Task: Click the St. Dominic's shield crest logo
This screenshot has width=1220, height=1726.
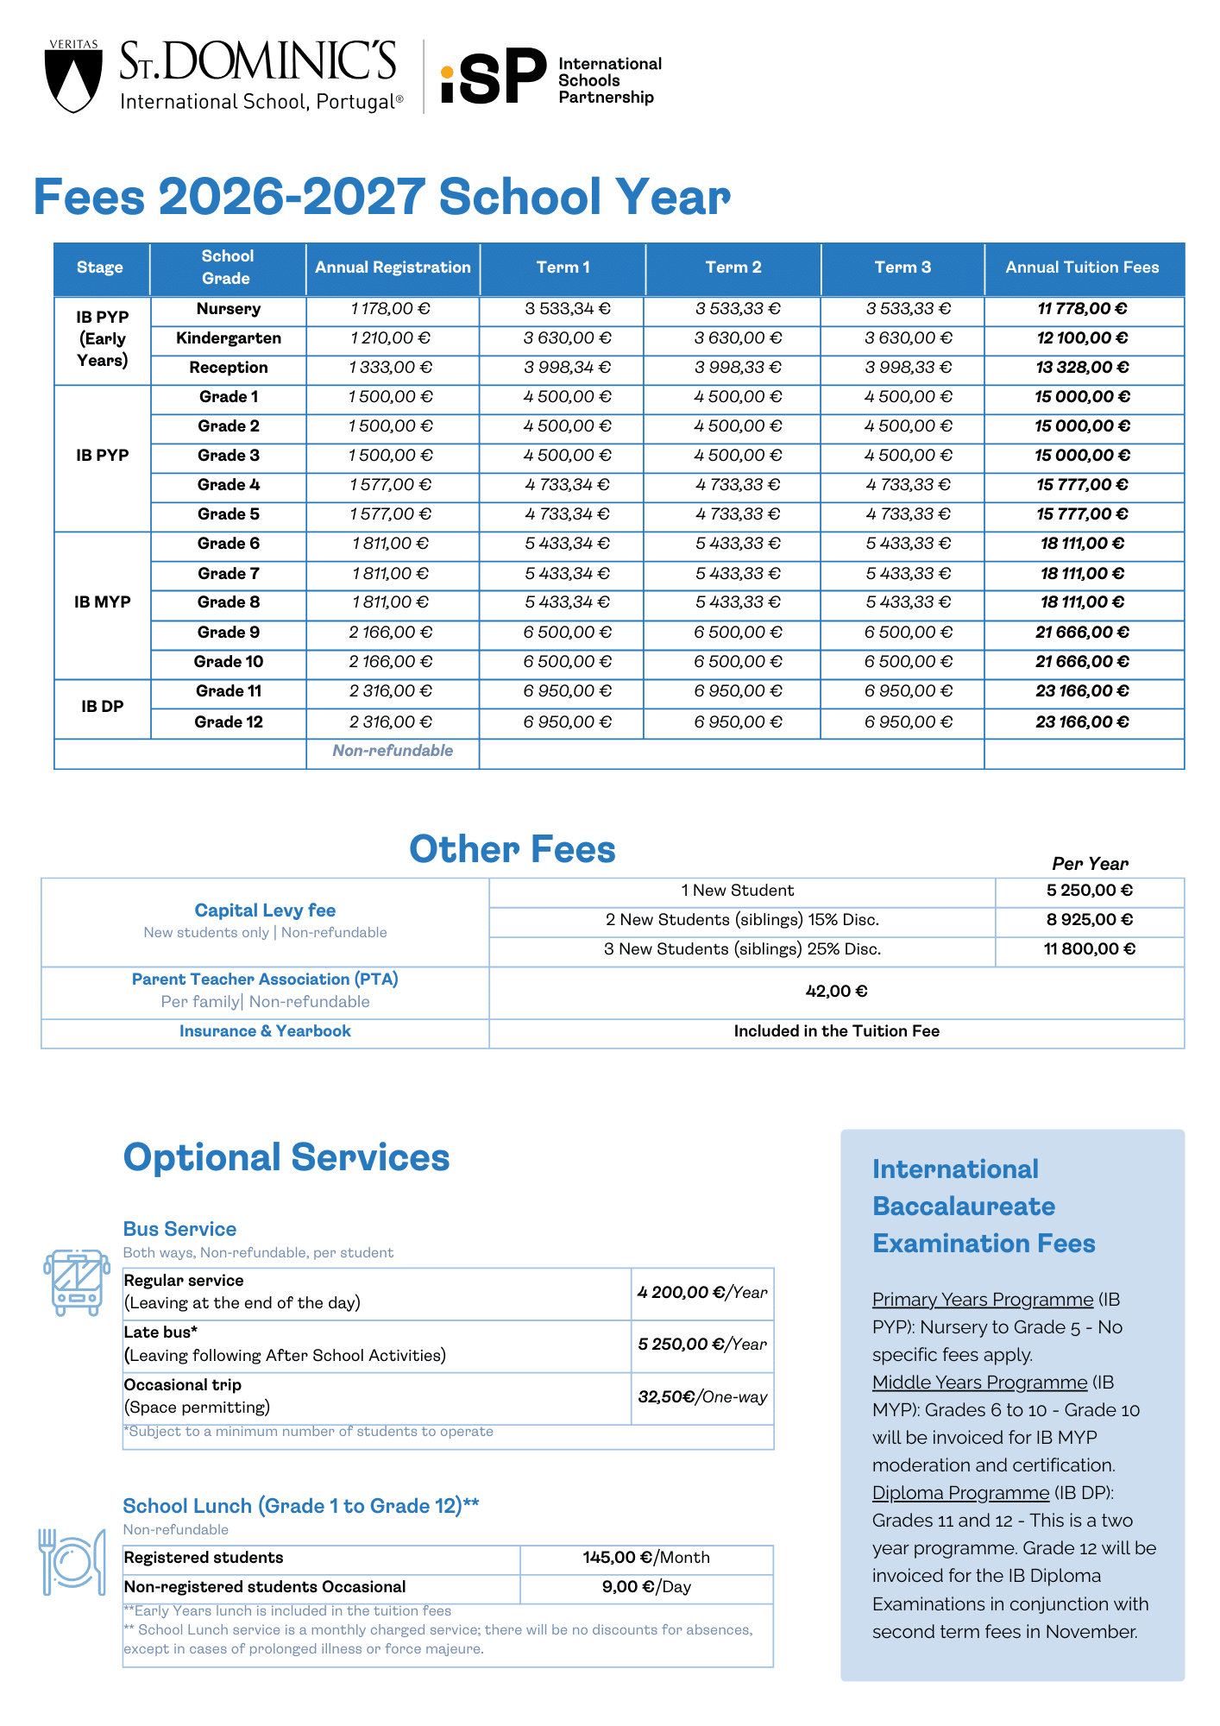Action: [73, 79]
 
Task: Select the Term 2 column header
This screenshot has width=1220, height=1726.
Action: [733, 268]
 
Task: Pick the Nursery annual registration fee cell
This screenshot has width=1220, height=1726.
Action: [391, 309]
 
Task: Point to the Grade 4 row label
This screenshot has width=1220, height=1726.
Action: [229, 485]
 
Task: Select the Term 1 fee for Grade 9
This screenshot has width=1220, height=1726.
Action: [567, 633]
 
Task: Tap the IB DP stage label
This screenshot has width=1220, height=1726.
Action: [103, 707]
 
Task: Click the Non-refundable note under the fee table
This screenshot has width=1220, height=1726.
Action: [393, 751]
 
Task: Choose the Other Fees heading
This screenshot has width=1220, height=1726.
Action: [512, 850]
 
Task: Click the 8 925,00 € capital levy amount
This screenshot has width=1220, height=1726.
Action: [1089, 920]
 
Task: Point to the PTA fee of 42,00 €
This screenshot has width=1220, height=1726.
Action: [836, 992]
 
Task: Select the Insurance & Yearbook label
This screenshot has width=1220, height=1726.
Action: [265, 1031]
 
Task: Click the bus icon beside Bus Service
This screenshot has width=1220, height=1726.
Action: [77, 1282]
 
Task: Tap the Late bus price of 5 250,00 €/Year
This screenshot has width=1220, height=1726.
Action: [702, 1345]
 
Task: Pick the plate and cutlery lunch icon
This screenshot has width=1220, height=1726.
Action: [72, 1561]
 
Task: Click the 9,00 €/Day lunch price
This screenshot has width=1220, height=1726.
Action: [646, 1587]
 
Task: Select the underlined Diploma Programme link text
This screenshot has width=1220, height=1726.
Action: [960, 1493]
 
